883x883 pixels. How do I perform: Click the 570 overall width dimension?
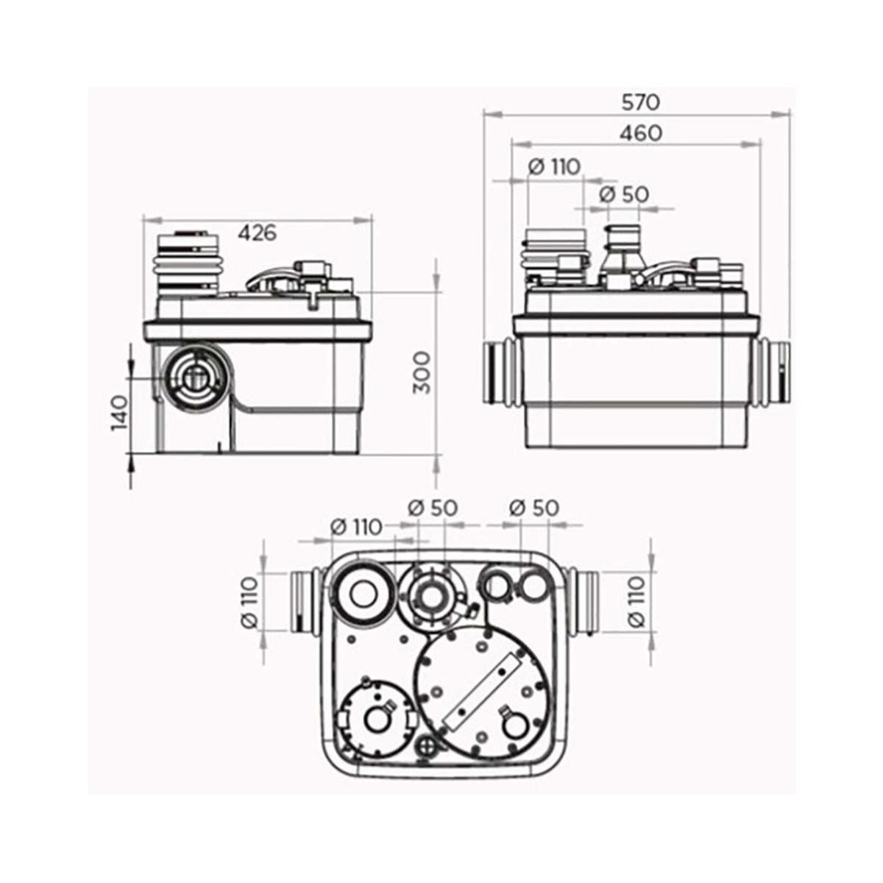pos(641,102)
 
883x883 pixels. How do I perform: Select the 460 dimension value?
pos(640,133)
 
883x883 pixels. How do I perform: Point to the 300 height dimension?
pos(422,372)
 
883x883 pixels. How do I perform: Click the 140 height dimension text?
pos(120,412)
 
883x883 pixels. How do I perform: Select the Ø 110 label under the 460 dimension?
pos(554,167)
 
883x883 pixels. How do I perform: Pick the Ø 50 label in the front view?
pos(624,194)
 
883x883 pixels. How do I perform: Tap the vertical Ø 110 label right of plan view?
pos(637,601)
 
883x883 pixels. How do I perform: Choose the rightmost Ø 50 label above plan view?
pos(534,508)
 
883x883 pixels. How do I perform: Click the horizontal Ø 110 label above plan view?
pos(356,527)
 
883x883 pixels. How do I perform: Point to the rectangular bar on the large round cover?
pos(482,687)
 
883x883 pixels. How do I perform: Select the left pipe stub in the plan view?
pos(303,602)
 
